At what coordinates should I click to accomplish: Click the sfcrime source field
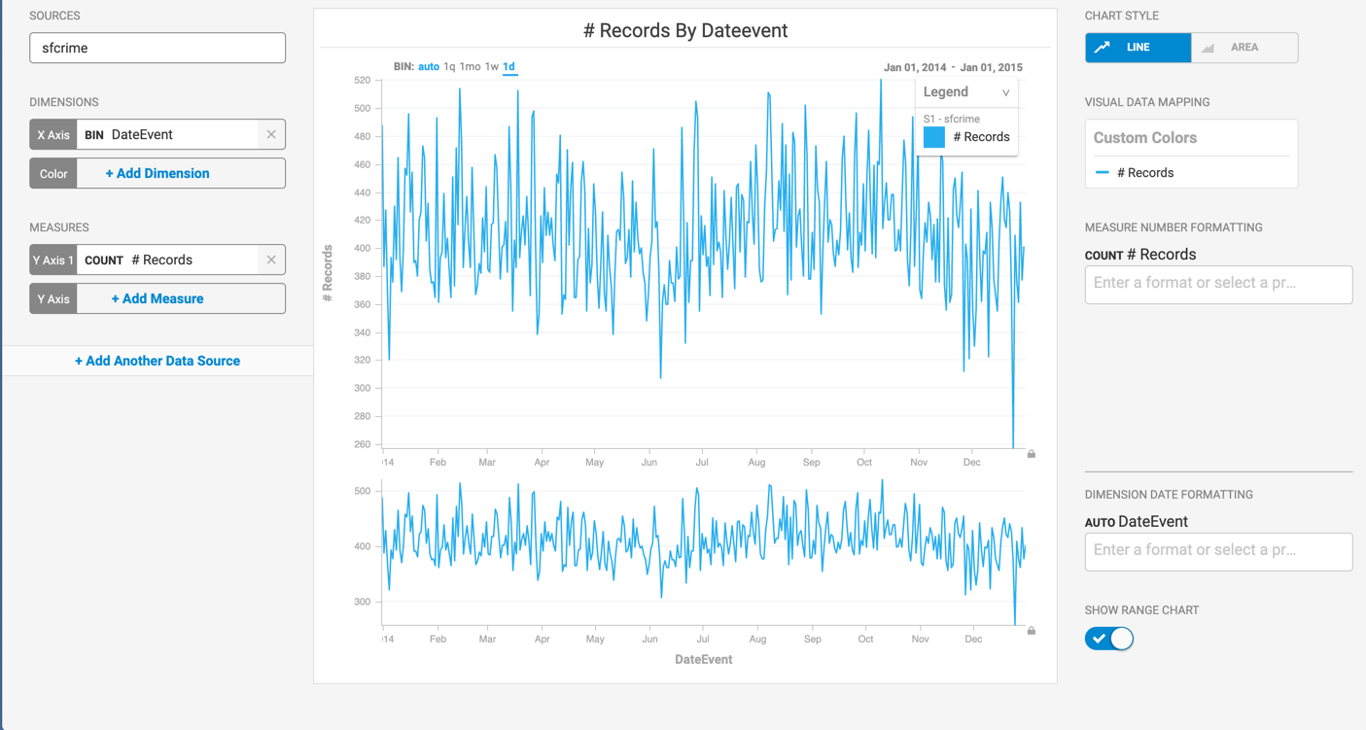click(x=158, y=48)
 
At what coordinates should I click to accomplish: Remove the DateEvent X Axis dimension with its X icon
click(x=271, y=134)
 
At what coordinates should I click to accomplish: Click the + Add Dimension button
click(x=158, y=173)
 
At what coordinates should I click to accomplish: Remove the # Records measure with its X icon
click(x=271, y=260)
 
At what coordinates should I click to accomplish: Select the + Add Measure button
click(x=158, y=298)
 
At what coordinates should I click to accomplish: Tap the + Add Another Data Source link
click(x=158, y=361)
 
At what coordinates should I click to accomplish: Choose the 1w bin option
click(x=492, y=67)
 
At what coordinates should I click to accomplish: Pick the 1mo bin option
click(x=471, y=67)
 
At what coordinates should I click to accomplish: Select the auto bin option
click(x=429, y=67)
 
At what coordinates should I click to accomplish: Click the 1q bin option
click(x=449, y=67)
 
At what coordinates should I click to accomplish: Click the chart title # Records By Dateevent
click(x=685, y=30)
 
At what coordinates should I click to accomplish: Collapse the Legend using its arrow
click(x=1005, y=93)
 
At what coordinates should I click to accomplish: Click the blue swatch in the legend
click(x=934, y=137)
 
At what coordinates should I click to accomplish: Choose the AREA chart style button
click(x=1244, y=48)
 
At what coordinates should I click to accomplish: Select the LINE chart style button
click(x=1138, y=48)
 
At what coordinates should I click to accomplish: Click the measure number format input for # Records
click(x=1218, y=284)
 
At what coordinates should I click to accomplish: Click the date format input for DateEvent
click(x=1218, y=550)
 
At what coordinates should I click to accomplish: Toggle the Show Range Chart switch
click(x=1109, y=639)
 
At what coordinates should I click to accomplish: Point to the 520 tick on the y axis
click(x=362, y=81)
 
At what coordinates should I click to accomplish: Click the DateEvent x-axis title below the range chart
click(x=703, y=659)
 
